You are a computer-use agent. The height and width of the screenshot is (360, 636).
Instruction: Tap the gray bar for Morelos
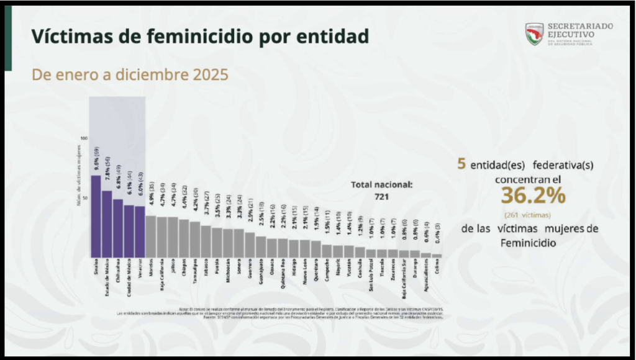click(151, 236)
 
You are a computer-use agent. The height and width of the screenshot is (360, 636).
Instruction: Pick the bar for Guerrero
click(250, 245)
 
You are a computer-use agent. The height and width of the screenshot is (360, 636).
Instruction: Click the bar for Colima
click(437, 255)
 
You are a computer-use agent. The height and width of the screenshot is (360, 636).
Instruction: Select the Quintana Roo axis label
click(283, 273)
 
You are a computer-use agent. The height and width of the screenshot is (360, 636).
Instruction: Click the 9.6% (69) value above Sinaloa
click(97, 159)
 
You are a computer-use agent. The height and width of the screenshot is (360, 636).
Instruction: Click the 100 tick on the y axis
click(84, 138)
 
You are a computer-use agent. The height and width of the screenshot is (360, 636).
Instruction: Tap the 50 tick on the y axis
click(86, 197)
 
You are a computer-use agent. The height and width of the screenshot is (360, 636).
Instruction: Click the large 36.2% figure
click(533, 196)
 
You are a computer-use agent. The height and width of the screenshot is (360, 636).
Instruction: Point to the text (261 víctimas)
click(532, 215)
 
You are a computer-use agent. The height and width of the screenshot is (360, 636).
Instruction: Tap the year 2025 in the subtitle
click(209, 75)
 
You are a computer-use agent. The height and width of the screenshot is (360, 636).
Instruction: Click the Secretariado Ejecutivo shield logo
click(534, 34)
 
